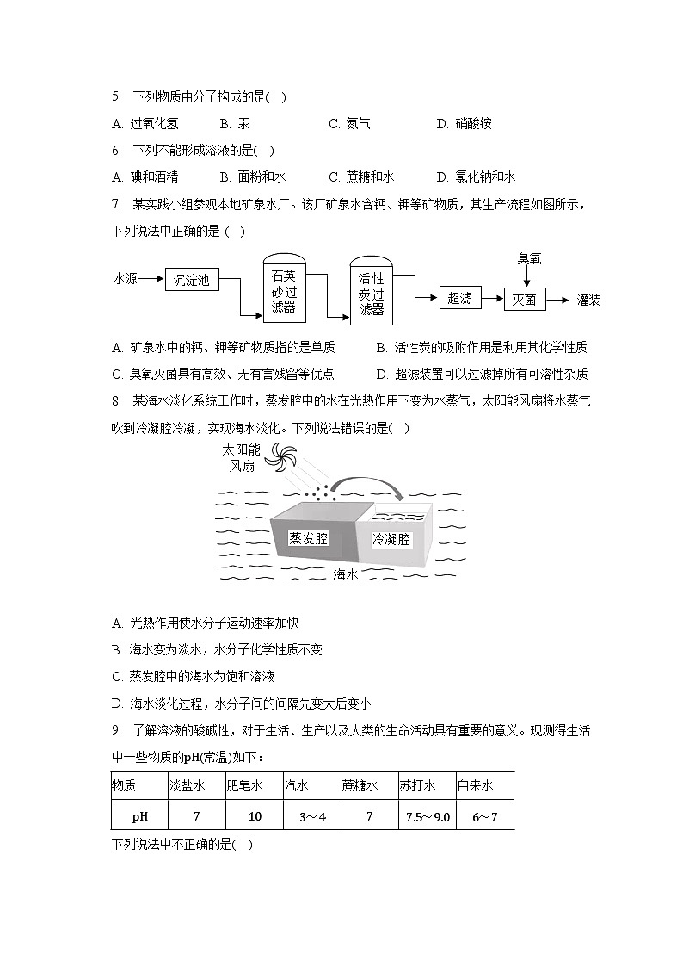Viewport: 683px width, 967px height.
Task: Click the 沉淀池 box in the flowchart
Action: pyautogui.click(x=192, y=279)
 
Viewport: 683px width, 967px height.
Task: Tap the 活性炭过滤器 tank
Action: pyautogui.click(x=372, y=293)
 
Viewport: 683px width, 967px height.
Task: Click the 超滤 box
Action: pyautogui.click(x=460, y=298)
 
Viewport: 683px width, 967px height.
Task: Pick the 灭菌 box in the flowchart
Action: pyautogui.click(x=524, y=299)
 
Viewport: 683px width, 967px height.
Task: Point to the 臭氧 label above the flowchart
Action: pyautogui.click(x=529, y=257)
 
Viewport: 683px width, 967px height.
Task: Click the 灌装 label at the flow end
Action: pyautogui.click(x=589, y=300)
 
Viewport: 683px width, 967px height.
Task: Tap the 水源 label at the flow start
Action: pyautogui.click(x=126, y=279)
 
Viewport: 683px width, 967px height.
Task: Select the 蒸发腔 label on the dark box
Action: pyautogui.click(x=308, y=538)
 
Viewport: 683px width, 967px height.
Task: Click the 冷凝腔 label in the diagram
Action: pyautogui.click(x=391, y=540)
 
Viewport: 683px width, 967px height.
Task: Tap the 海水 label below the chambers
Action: pyautogui.click(x=345, y=573)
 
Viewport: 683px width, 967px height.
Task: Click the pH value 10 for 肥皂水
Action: pyautogui.click(x=255, y=815)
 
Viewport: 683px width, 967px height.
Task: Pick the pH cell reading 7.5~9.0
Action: pyautogui.click(x=428, y=815)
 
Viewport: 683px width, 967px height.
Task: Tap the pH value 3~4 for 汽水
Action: pyautogui.click(x=312, y=815)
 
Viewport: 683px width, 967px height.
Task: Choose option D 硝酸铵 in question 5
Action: pyautogui.click(x=465, y=123)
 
